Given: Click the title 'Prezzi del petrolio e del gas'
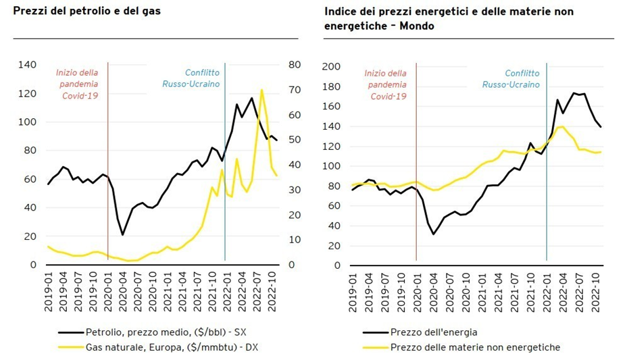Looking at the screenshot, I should (87, 11).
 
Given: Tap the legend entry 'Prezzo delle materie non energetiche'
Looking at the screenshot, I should (475, 348).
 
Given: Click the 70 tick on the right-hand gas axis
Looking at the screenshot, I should (295, 90).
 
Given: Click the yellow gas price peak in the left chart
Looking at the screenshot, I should (261, 89).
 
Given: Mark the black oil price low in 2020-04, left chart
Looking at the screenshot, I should (122, 235).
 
